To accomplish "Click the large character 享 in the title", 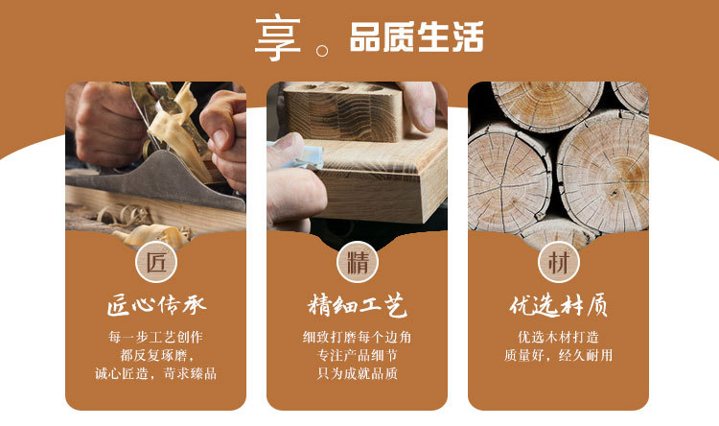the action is click(277, 39).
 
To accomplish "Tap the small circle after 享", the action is click(322, 50).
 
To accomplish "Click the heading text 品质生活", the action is click(416, 36).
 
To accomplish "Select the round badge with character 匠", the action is click(156, 262).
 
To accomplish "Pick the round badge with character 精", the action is click(358, 262).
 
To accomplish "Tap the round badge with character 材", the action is click(559, 262).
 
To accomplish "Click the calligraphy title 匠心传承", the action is click(156, 305).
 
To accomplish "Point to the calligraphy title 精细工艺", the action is click(358, 305).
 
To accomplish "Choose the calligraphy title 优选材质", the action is click(559, 305).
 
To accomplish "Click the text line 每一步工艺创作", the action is click(156, 338).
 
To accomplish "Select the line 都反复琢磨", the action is click(156, 355).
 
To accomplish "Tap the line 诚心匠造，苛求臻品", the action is click(156, 373).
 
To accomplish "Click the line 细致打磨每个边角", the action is click(358, 338).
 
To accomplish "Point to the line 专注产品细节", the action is click(358, 355).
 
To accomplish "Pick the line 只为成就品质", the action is click(358, 373).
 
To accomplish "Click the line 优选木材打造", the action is click(559, 338).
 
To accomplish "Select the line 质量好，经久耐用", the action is click(559, 355).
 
